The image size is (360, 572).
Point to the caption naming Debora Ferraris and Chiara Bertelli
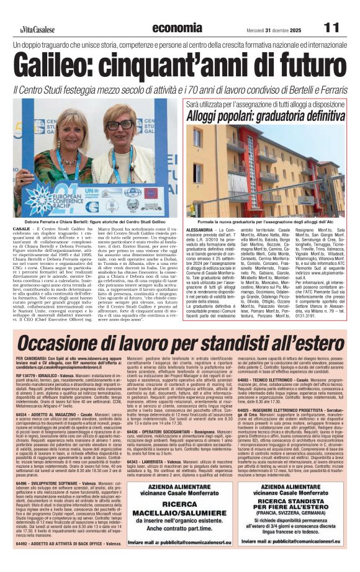tap(86, 221)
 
